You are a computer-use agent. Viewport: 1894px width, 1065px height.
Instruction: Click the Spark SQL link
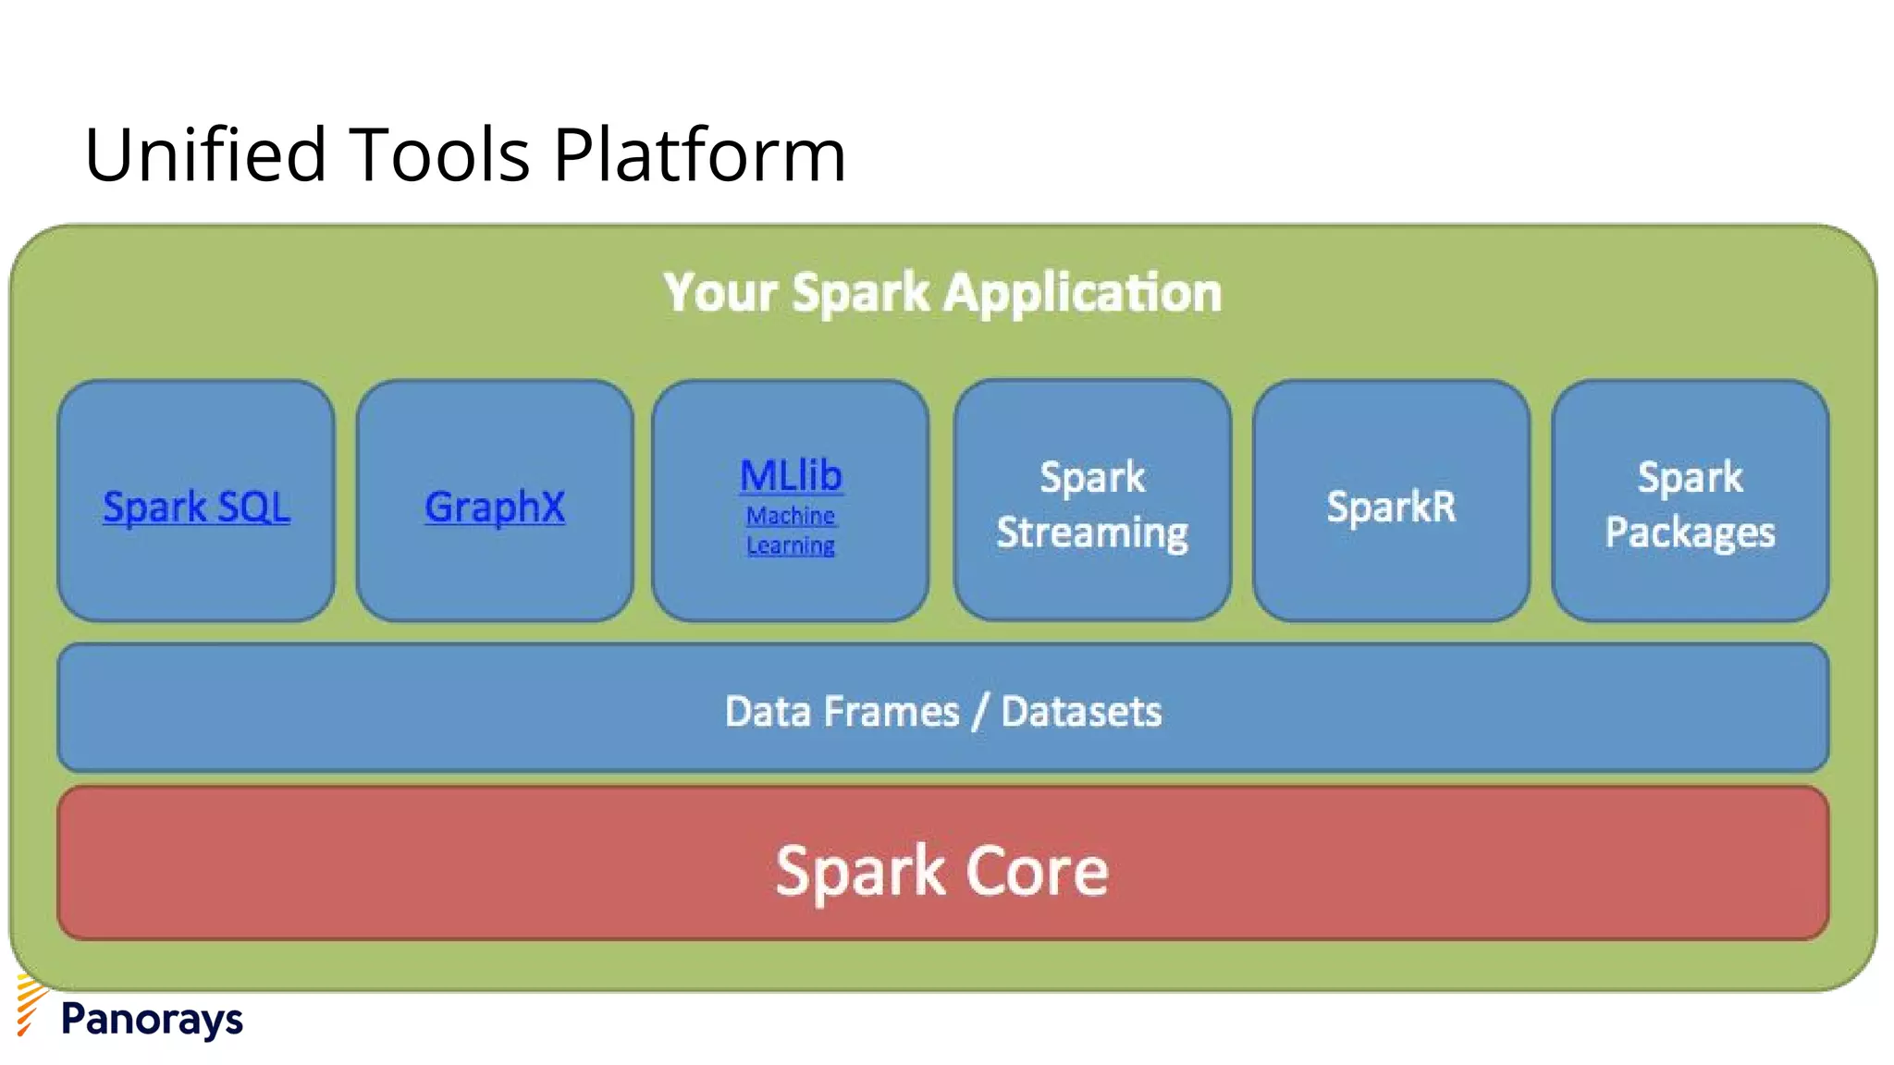[x=196, y=507]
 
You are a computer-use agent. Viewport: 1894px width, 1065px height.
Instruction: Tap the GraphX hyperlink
[x=495, y=507]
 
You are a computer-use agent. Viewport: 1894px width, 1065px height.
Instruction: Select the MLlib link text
[x=791, y=476]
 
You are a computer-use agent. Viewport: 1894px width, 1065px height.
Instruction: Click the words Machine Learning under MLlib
[x=791, y=531]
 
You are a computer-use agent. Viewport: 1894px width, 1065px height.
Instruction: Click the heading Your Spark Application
[x=942, y=293]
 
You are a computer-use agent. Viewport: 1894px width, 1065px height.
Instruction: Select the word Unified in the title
[x=204, y=154]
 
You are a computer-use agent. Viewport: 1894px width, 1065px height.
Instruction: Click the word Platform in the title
[x=699, y=154]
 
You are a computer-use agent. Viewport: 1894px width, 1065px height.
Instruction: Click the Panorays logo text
[x=152, y=1019]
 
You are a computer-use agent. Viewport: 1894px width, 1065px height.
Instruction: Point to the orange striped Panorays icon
[x=30, y=1006]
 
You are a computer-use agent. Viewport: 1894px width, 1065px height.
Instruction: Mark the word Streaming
[x=1092, y=533]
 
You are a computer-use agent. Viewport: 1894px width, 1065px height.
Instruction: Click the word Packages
[x=1690, y=533]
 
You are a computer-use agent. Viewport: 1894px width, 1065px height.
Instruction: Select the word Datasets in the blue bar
[x=1081, y=712]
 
